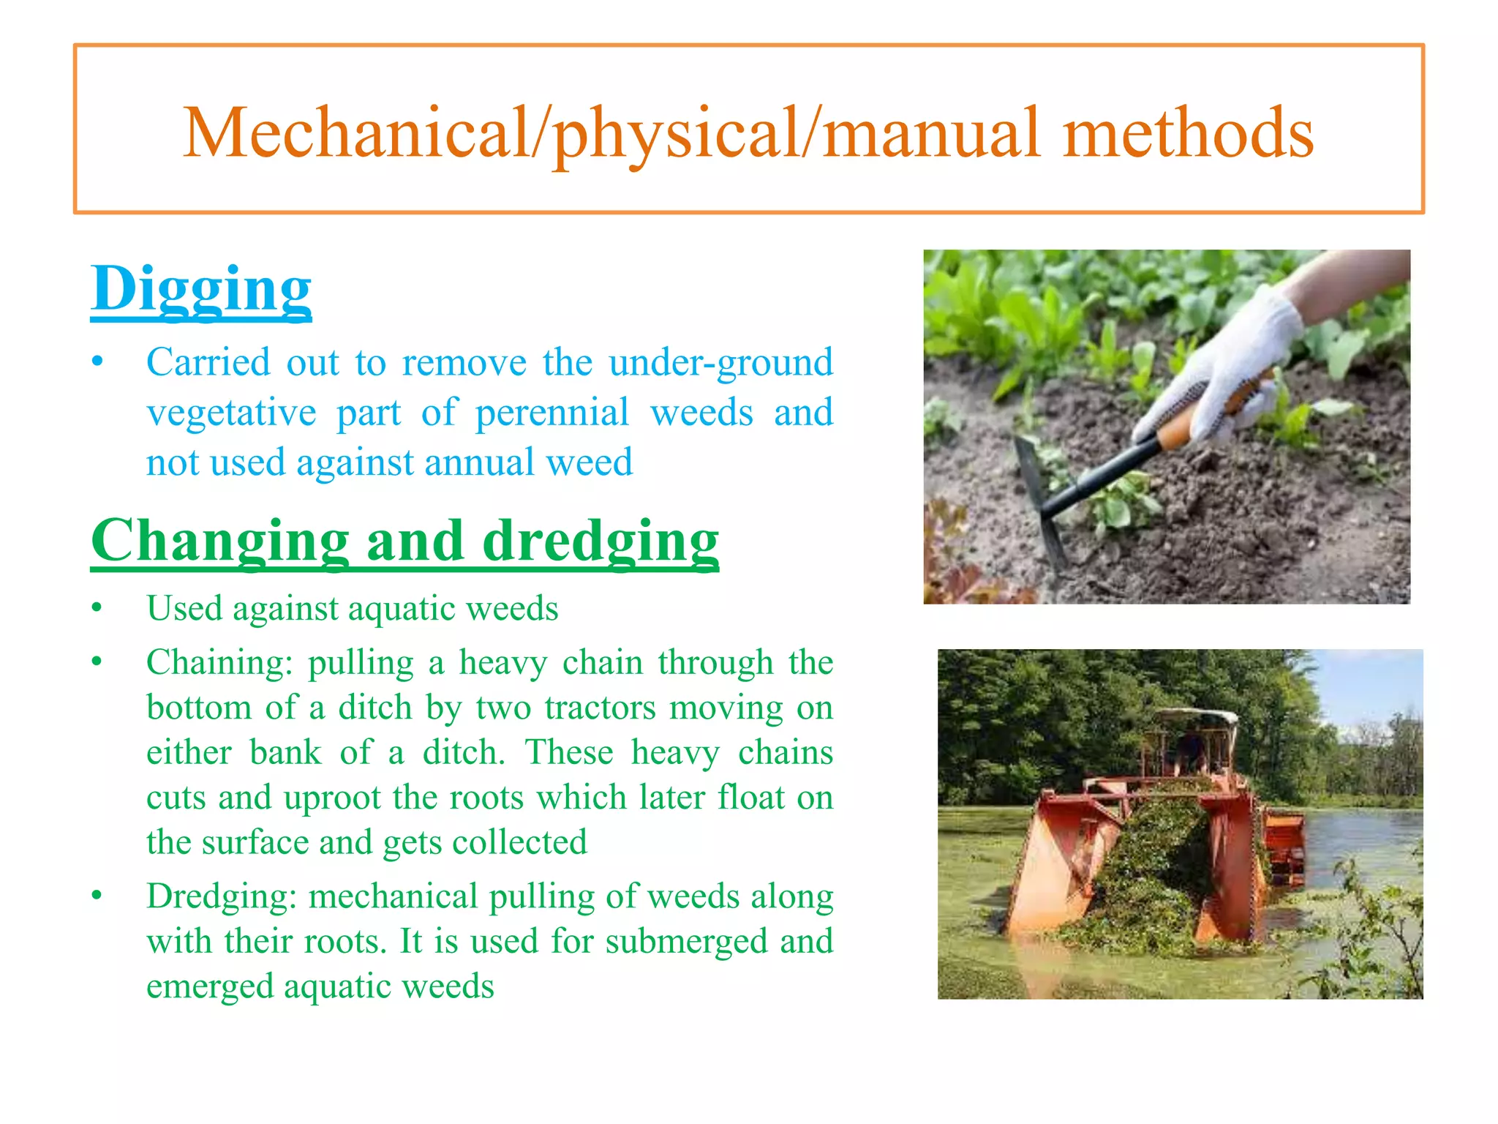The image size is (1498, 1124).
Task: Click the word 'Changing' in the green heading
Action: pyautogui.click(x=219, y=540)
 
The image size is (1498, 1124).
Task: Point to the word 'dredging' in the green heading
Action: pyautogui.click(x=601, y=540)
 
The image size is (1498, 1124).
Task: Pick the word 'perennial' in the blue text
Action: pyautogui.click(x=552, y=412)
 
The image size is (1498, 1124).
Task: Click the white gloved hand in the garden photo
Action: pyautogui.click(x=1236, y=359)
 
